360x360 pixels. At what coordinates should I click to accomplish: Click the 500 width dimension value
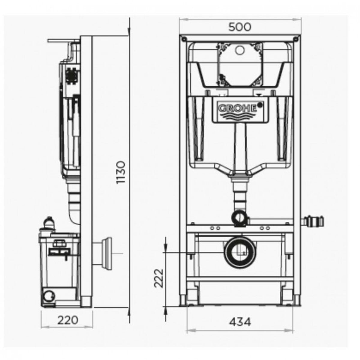(x=240, y=27)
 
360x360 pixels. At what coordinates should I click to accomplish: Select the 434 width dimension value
(x=240, y=322)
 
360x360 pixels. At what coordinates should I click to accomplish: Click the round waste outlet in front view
(x=241, y=252)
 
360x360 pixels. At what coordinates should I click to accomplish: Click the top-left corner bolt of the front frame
(x=183, y=39)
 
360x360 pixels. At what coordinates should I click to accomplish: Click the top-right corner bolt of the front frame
(x=296, y=39)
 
